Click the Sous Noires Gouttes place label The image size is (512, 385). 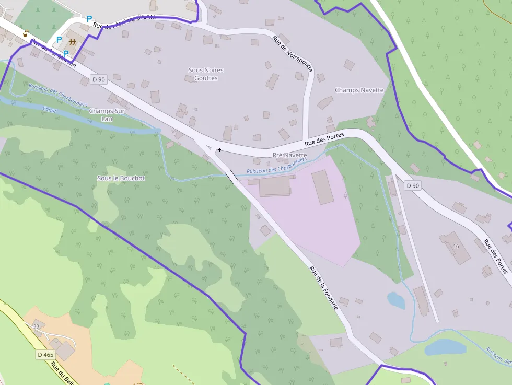pyautogui.click(x=206, y=74)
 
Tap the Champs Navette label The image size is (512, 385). pyautogui.click(x=359, y=90)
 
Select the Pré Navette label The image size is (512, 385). pyautogui.click(x=289, y=155)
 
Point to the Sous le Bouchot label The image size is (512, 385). pyautogui.click(x=121, y=178)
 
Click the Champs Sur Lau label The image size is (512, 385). pyautogui.click(x=107, y=114)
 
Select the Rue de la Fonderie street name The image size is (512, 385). pyautogui.click(x=324, y=288)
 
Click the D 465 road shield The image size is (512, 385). pyautogui.click(x=45, y=355)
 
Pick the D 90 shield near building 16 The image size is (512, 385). pyautogui.click(x=412, y=185)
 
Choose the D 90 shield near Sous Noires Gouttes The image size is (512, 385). pyautogui.click(x=98, y=79)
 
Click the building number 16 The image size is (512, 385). pyautogui.click(x=456, y=246)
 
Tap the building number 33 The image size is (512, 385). pyautogui.click(x=36, y=326)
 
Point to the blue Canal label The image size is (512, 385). pyautogui.click(x=49, y=110)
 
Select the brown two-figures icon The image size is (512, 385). pyautogui.click(x=72, y=42)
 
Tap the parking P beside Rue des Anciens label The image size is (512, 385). pyautogui.click(x=89, y=19)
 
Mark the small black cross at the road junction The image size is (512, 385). pyautogui.click(x=219, y=150)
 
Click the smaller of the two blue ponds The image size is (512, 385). pyautogui.click(x=396, y=300)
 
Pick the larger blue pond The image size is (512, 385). pyautogui.click(x=445, y=347)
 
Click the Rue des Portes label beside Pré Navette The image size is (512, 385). pyautogui.click(x=324, y=139)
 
